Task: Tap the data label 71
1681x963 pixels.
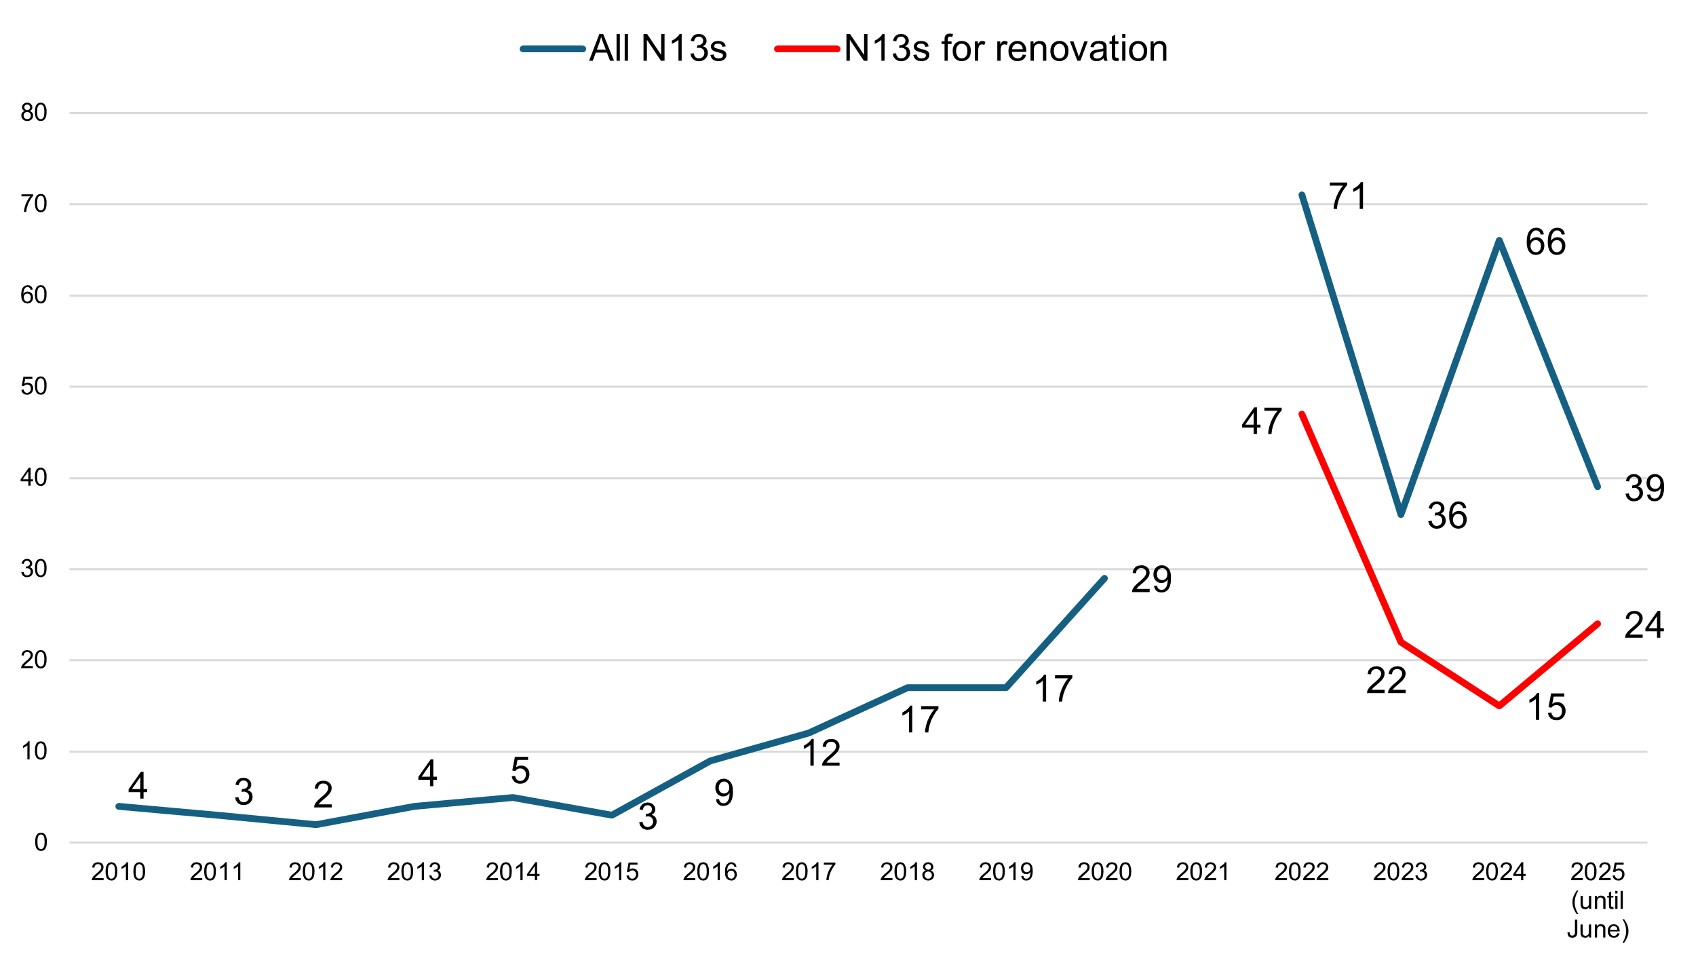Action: (x=1348, y=197)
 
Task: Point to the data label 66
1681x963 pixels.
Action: (x=1545, y=242)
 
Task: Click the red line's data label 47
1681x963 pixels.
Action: (x=1261, y=421)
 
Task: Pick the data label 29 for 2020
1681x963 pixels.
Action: (x=1151, y=580)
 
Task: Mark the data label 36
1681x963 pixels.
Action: (x=1447, y=516)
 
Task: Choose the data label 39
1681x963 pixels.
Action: (x=1644, y=489)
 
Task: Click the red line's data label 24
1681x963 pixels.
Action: (x=1644, y=625)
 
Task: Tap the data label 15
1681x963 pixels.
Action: (x=1546, y=707)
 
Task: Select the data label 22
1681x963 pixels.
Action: (x=1386, y=681)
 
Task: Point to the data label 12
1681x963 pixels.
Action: (x=821, y=753)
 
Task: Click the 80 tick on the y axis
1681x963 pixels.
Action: (x=34, y=113)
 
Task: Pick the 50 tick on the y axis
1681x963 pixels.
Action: (x=34, y=387)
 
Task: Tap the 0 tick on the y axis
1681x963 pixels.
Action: (x=41, y=843)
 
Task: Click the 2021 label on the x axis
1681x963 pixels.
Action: (x=1203, y=872)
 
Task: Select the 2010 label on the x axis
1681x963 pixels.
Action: (x=118, y=872)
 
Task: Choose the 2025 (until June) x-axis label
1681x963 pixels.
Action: (x=1598, y=900)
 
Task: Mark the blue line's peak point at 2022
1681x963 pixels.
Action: (x=1302, y=195)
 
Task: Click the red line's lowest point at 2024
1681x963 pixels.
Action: (x=1499, y=706)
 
